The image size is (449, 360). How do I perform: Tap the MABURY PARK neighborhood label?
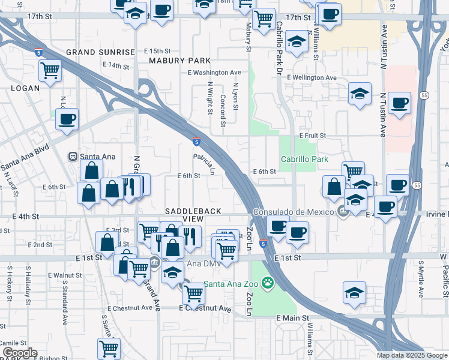coord(179,61)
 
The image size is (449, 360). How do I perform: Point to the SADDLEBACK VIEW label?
coord(193,215)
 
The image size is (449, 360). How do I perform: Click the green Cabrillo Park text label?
coord(304,159)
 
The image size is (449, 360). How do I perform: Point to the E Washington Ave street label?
coord(205,73)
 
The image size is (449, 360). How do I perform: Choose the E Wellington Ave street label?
coord(312,78)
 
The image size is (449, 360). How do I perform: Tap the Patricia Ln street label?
coord(203,161)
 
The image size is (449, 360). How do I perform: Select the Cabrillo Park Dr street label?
coord(279,40)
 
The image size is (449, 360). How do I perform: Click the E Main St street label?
coord(292,317)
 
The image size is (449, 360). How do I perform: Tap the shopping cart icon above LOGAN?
coord(50,71)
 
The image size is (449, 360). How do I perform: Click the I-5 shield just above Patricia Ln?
coord(197,142)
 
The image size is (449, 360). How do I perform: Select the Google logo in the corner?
coord(19,353)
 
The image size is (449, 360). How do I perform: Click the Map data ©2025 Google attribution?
coord(412,355)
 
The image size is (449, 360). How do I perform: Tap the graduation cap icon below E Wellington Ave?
coord(359,94)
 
